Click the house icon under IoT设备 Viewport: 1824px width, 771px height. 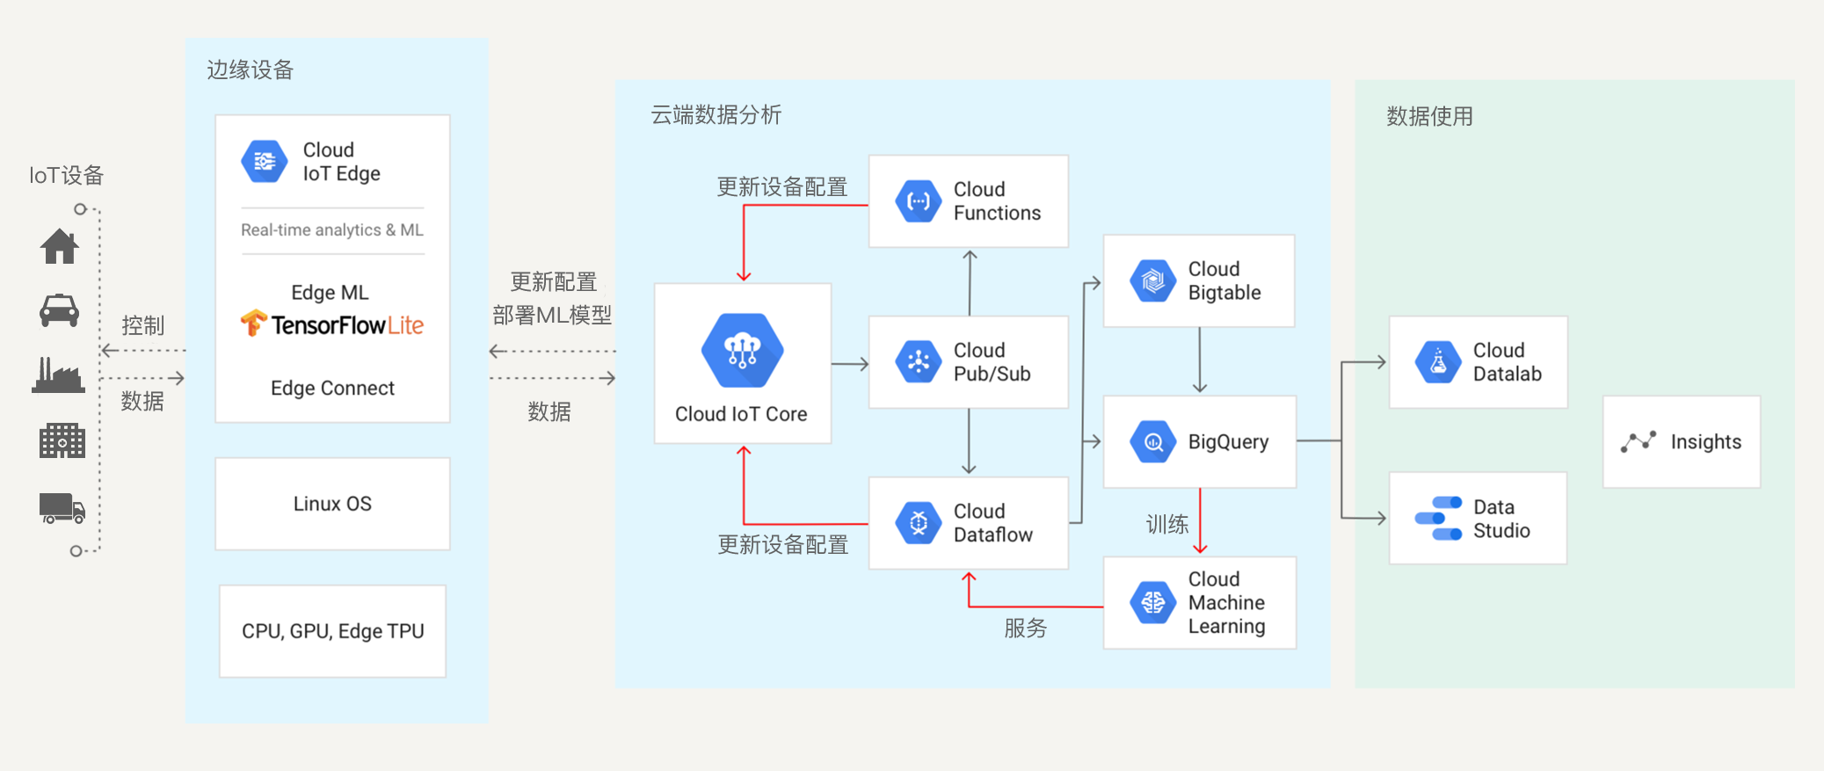(60, 246)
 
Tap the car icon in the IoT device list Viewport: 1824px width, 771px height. (60, 310)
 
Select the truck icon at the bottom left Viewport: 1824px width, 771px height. (62, 508)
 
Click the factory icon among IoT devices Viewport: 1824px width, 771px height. (59, 375)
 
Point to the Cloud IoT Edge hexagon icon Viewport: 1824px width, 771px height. (264, 162)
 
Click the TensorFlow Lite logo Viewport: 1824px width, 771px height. (332, 324)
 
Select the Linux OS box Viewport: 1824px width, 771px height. (332, 504)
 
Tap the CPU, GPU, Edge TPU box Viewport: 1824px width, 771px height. (332, 631)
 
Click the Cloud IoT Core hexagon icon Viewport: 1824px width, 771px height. (743, 351)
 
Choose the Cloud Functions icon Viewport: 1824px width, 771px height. (918, 201)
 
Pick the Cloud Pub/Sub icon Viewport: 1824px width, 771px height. (918, 362)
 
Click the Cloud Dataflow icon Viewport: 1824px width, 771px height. (918, 523)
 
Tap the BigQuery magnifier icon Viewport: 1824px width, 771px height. (1152, 442)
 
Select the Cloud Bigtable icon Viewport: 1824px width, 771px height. (1152, 281)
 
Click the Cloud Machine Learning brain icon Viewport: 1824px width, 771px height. (1152, 603)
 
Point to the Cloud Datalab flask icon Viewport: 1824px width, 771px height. (1438, 362)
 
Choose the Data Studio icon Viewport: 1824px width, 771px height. (1438, 519)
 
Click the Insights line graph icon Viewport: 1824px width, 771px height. (1639, 441)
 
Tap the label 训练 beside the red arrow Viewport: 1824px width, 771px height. (1166, 525)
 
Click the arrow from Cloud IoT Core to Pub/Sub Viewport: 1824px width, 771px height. (849, 363)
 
